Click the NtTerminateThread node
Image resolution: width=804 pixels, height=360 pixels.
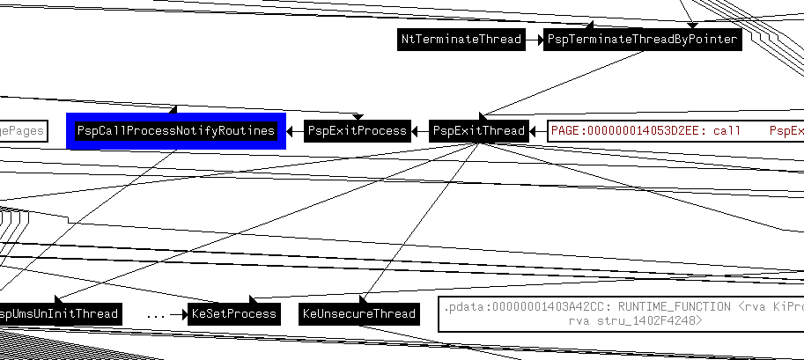[460, 40]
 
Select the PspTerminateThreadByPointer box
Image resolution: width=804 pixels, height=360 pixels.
[642, 40]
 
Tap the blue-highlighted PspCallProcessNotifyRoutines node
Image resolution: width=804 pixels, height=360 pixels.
[176, 131]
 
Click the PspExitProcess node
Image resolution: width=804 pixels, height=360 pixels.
[357, 131]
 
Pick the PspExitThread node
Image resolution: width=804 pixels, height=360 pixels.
[479, 131]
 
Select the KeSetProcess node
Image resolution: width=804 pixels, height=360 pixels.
[233, 314]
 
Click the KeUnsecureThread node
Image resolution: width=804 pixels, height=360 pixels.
[358, 314]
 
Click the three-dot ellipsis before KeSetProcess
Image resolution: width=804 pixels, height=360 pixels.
[155, 314]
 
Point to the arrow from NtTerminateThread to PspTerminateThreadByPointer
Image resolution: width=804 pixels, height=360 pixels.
[534, 40]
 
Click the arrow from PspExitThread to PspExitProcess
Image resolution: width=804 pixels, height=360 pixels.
[420, 131]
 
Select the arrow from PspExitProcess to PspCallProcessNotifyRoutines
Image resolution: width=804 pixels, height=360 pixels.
[295, 131]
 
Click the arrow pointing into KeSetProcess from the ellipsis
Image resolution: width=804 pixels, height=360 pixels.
[180, 314]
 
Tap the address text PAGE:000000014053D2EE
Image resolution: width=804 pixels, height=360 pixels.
[625, 131]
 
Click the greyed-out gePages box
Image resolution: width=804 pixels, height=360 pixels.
[21, 131]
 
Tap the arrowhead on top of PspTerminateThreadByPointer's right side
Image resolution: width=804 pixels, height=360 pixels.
[692, 25]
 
